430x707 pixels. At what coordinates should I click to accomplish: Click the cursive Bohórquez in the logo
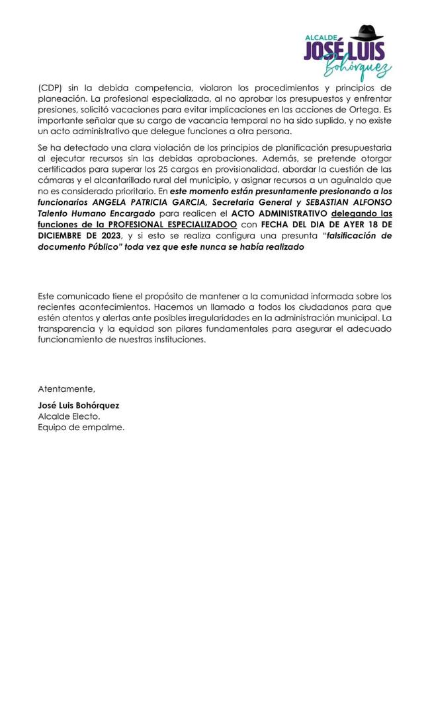357,66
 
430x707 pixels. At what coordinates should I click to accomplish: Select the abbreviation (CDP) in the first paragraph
50,88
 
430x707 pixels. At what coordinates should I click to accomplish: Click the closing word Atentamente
66,389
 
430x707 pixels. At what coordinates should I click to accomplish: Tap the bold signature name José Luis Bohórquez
79,405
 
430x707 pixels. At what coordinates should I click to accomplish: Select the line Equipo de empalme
81,427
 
